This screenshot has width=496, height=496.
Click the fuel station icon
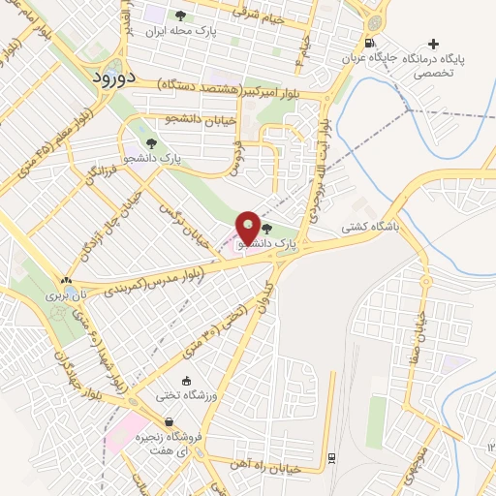(369, 43)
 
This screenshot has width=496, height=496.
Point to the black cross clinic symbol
(433, 44)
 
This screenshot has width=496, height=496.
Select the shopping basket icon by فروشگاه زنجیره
(170, 422)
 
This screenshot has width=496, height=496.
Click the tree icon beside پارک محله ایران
(180, 15)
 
